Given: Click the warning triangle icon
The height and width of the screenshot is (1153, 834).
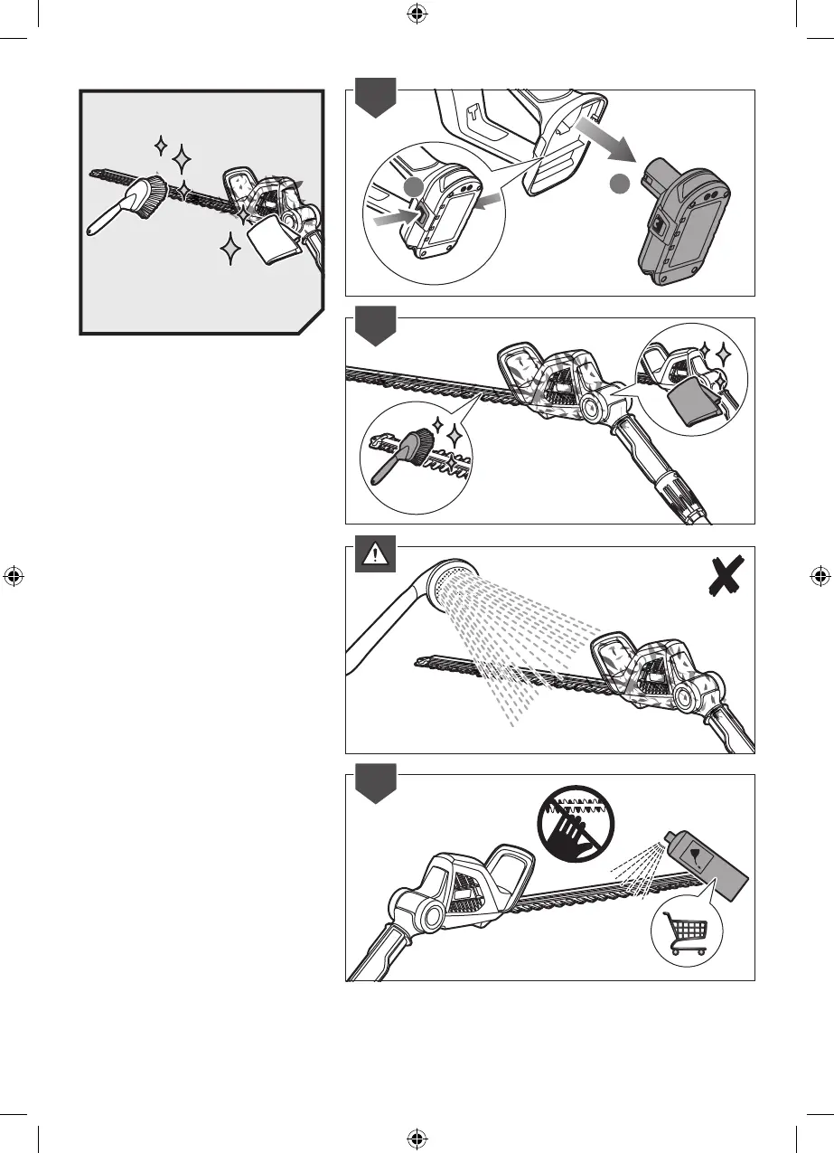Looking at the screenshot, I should (370, 556).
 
